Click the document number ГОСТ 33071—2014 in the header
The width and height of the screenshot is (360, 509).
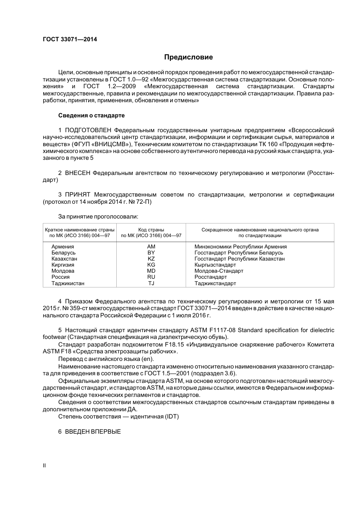pyautogui.click(x=70, y=39)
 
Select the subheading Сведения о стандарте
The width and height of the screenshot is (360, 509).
pyautogui.click(x=91, y=115)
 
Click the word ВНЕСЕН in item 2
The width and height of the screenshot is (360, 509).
pyautogui.click(x=78, y=173)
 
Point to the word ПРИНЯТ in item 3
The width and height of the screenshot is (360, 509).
pyautogui.click(x=78, y=195)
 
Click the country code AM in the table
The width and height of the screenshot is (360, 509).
pyautogui.click(x=151, y=247)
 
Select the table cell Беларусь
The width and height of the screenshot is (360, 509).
pyautogui.click(x=64, y=253)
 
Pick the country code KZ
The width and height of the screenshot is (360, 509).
pyautogui.click(x=151, y=259)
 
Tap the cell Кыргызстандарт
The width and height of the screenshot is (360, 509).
pyautogui.click(x=215, y=265)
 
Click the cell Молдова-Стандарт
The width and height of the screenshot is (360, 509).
pyautogui.click(x=219, y=271)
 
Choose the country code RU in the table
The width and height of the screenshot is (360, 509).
pyautogui.click(x=151, y=277)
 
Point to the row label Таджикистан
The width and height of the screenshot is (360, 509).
pyautogui.click(x=68, y=283)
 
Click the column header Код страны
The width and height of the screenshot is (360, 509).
pyautogui.click(x=151, y=230)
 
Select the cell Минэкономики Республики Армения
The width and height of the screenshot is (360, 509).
pyautogui.click(x=241, y=247)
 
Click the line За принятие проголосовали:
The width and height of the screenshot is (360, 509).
pyautogui.click(x=98, y=217)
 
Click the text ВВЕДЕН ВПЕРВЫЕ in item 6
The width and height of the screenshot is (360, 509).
pyautogui.click(x=93, y=431)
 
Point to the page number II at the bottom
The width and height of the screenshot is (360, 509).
pyautogui.click(x=44, y=466)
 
